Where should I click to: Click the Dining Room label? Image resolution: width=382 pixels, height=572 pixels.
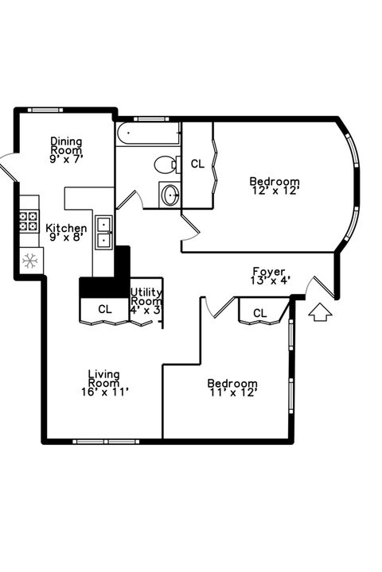pyautogui.click(x=66, y=149)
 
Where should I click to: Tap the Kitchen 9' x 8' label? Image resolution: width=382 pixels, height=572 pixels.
pyautogui.click(x=66, y=232)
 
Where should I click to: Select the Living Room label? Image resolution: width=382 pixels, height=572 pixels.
pyautogui.click(x=103, y=382)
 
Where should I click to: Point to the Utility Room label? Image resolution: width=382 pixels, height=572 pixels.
pyautogui.click(x=146, y=301)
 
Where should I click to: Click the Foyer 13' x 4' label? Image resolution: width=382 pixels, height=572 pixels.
pyautogui.click(x=269, y=275)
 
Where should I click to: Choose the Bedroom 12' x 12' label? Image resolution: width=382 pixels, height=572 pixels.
pyautogui.click(x=275, y=185)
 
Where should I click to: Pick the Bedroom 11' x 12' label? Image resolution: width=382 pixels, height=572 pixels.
pyautogui.click(x=233, y=387)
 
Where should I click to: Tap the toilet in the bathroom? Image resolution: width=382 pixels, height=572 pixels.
pyautogui.click(x=166, y=165)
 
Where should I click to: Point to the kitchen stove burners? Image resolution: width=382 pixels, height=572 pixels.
pyautogui.click(x=29, y=220)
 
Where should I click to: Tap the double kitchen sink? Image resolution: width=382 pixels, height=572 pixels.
pyautogui.click(x=104, y=231)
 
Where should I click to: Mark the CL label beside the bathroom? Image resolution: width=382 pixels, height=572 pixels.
pyautogui.click(x=197, y=164)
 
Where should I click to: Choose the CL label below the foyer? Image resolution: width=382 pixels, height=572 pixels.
pyautogui.click(x=259, y=313)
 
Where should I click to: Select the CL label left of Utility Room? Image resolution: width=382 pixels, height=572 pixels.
pyautogui.click(x=104, y=309)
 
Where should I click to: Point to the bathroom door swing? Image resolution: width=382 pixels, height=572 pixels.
pyautogui.click(x=135, y=199)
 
